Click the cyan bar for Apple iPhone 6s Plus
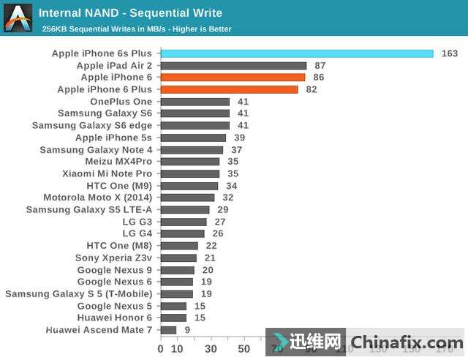(296, 53)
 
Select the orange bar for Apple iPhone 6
(233, 77)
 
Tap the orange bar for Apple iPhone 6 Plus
(229, 89)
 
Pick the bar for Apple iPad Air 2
(233, 65)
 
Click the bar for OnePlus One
(195, 102)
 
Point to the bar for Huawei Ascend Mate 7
(168, 330)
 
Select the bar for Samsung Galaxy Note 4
(192, 150)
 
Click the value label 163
(450, 53)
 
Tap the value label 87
(320, 65)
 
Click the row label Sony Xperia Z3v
(113, 258)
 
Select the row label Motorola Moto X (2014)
(98, 198)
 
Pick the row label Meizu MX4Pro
(118, 162)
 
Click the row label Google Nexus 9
(115, 270)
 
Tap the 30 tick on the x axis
(211, 349)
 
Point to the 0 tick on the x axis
(161, 349)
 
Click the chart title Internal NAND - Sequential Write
(130, 13)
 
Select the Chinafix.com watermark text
(407, 342)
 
